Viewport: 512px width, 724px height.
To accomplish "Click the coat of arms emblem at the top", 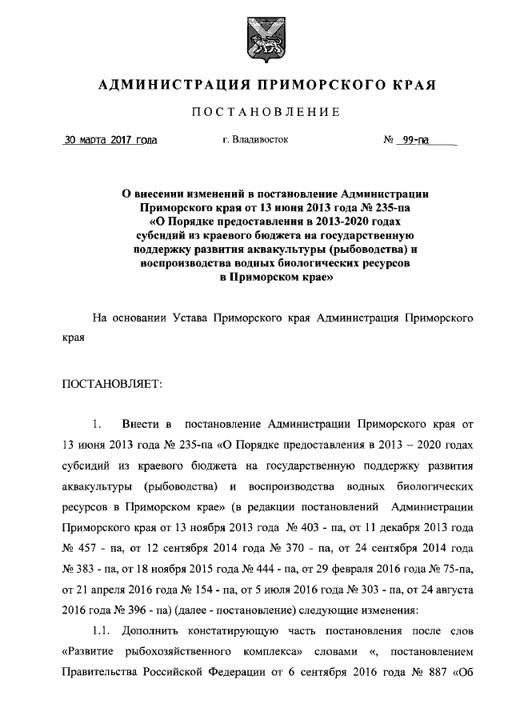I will click(256, 36).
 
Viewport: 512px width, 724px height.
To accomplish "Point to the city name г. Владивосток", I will click(256, 140).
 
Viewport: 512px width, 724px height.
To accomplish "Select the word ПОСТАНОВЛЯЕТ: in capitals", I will click(112, 385).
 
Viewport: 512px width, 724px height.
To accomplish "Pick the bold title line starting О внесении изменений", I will click(275, 193).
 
